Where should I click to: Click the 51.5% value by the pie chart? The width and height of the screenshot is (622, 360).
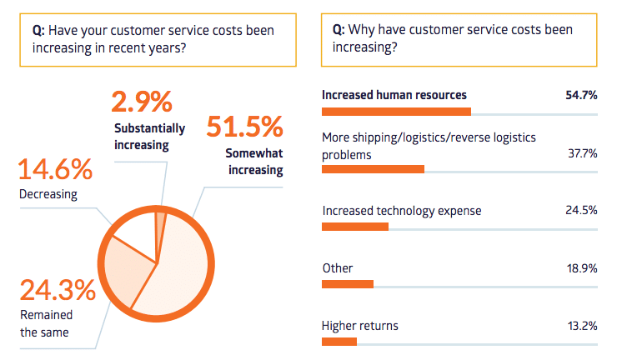coord(244,127)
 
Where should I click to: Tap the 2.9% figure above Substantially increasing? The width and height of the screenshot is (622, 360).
coord(142,102)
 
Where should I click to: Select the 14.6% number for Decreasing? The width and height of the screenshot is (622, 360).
coord(55,170)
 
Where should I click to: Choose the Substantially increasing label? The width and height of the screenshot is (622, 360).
coord(150,137)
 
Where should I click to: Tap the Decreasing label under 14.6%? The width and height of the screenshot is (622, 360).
coord(48,195)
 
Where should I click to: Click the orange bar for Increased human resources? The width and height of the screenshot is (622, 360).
coord(396,112)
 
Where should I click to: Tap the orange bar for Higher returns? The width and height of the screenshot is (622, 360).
coord(339,341)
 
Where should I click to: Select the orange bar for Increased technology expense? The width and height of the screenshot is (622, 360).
coord(355,226)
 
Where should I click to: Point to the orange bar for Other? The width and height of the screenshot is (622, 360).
coord(348,283)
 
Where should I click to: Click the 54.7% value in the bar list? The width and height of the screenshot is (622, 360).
coord(581,95)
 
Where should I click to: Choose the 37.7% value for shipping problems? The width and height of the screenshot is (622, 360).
coord(581,153)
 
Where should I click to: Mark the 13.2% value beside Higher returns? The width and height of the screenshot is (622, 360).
coord(581,326)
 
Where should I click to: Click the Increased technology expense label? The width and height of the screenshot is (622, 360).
coord(401,211)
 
